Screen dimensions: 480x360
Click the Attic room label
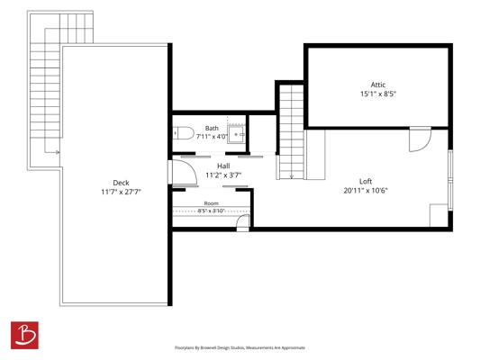pos(378,85)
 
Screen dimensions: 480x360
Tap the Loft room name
pos(366,182)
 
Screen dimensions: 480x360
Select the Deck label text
pos(121,183)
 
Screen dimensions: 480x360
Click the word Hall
pos(223,166)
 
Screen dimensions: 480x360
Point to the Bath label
pos(212,128)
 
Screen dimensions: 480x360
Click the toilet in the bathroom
pos(184,133)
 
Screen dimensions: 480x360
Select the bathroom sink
pos(236,134)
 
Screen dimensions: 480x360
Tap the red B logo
pos(24,335)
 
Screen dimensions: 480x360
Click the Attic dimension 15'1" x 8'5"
pos(378,94)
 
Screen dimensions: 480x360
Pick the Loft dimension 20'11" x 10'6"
pos(366,191)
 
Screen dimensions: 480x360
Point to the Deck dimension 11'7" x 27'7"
pos(121,192)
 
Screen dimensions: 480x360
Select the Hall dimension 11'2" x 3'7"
pos(223,175)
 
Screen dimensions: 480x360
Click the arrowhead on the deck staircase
pos(58,152)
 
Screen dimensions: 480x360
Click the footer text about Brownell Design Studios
pos(240,347)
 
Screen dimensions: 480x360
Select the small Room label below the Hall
pos(212,203)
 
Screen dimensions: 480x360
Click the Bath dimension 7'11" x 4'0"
pos(212,137)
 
